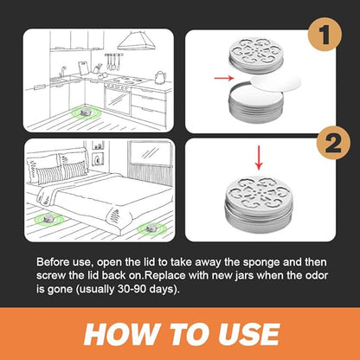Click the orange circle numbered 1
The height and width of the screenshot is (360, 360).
pos(325,35)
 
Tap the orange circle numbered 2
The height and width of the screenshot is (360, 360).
pos(333,143)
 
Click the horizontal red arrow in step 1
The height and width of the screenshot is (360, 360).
pos(224,78)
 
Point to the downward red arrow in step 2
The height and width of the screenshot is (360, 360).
pos(259,157)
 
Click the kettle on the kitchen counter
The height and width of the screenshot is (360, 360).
pos(160,77)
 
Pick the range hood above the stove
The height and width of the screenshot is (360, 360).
pos(136,41)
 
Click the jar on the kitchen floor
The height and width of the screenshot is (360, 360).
pos(86,112)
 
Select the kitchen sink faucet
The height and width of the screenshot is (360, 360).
pos(62,72)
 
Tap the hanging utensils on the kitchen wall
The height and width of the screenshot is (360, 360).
pos(113,61)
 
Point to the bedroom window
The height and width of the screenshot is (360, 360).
pos(150,152)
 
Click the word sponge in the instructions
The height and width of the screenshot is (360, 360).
pos(261,262)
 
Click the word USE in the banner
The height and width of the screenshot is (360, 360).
pos(248,334)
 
